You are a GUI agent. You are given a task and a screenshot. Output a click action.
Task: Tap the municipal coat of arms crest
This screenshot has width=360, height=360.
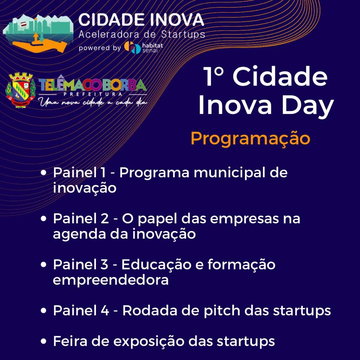(20, 90)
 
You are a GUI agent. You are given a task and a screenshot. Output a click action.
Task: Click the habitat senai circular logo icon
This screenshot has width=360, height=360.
(132, 47)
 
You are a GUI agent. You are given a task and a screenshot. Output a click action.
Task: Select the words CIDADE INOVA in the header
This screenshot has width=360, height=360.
(141, 20)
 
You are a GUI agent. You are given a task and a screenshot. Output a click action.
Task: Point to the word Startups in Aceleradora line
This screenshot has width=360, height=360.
(183, 34)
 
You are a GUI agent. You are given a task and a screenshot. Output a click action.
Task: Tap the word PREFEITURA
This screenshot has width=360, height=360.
(93, 94)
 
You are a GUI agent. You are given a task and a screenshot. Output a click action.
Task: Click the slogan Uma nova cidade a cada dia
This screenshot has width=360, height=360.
(93, 102)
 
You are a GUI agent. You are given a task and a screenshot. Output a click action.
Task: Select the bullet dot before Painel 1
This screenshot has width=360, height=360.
(43, 173)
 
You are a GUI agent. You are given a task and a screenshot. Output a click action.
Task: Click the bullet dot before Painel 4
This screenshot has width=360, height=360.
(43, 311)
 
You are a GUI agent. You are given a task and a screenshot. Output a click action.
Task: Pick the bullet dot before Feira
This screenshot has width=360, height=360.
(43, 341)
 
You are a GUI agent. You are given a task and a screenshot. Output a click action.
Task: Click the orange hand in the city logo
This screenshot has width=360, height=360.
(39, 45)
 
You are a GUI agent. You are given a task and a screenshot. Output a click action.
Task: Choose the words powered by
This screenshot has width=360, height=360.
(100, 48)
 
